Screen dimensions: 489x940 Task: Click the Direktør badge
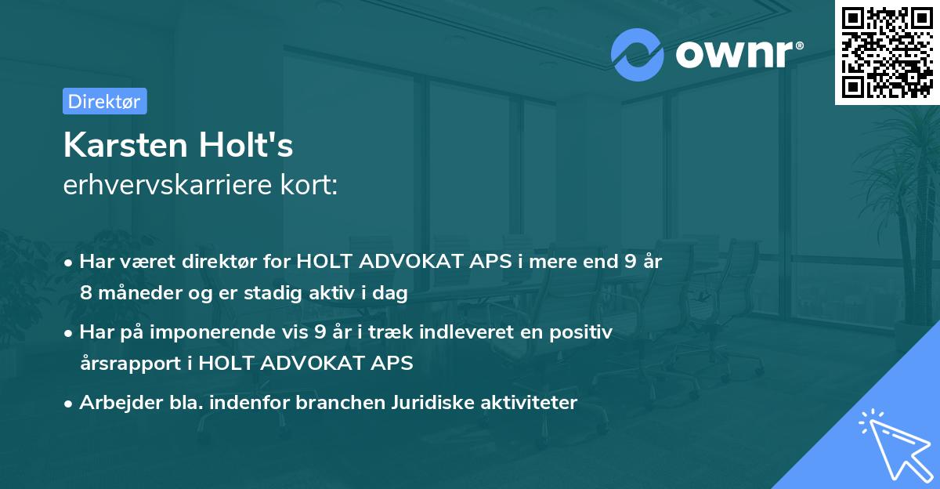[x=104, y=101]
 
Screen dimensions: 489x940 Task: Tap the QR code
[x=887, y=52]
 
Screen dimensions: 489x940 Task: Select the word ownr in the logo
[x=736, y=54]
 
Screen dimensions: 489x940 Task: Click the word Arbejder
[x=113, y=403]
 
